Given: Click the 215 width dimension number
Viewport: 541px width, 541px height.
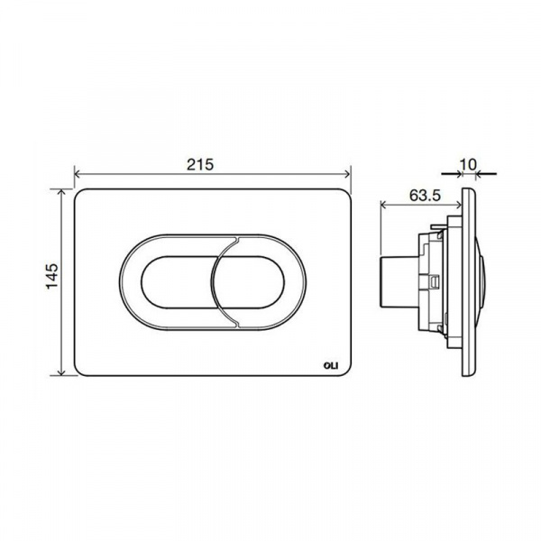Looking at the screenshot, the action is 200,164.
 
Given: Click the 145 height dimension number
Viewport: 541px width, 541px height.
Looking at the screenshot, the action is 52,277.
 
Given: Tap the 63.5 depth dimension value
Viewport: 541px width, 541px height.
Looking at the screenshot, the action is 425,196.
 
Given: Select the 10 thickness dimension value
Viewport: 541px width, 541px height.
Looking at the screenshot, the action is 468,164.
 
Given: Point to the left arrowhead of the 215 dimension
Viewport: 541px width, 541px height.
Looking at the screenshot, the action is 78,174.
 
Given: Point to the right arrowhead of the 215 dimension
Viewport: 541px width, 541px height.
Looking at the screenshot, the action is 347,174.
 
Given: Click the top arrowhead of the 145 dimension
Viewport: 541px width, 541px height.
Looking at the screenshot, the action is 61,193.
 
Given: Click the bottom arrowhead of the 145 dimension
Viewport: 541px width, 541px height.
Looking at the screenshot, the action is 61,371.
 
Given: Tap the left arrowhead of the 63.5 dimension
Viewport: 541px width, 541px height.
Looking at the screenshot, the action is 384,206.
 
